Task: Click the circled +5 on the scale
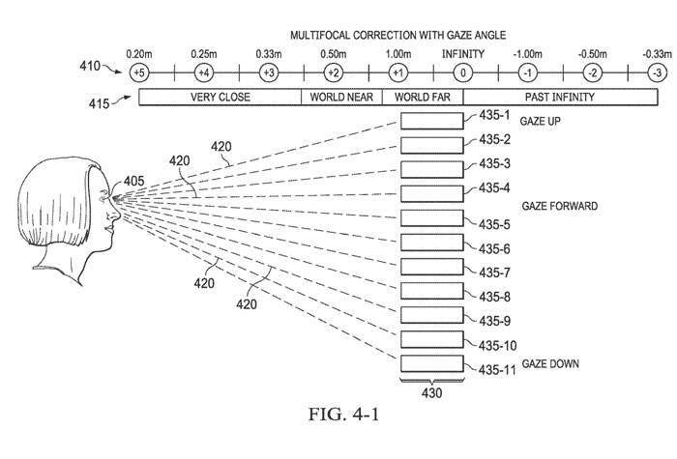[139, 73]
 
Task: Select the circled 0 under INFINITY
[463, 73]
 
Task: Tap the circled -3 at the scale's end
[657, 73]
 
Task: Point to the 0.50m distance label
[334, 53]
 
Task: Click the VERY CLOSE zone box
[221, 98]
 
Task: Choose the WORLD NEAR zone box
[343, 98]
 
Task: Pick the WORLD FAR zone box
[423, 98]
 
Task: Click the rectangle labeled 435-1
[432, 121]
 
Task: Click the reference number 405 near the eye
[134, 180]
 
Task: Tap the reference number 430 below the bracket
[431, 392]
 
